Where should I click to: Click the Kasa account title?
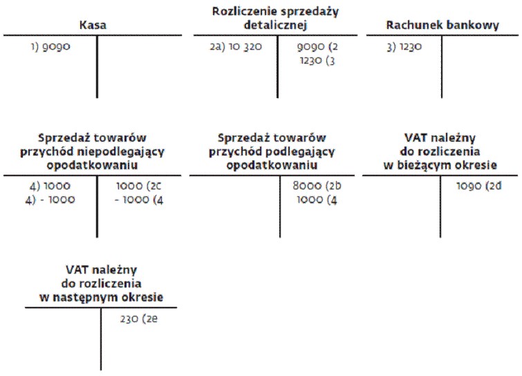93,26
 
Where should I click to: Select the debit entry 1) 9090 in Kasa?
50,46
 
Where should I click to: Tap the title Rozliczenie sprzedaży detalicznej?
275,18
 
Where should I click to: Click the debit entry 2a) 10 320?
236,46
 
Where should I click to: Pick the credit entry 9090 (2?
317,46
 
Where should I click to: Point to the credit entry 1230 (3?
317,61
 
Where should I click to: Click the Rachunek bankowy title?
442,26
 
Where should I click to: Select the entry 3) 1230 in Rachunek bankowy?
404,46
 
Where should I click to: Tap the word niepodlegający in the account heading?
120,152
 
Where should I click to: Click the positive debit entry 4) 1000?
50,186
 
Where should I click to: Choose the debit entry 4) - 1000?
50,200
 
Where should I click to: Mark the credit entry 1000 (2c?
138,186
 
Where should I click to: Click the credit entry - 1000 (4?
139,200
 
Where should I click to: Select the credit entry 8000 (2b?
317,186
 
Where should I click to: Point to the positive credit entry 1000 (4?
317,200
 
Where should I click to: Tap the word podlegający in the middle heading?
301,152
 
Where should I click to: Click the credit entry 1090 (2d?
478,186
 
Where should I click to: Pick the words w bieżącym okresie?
440,165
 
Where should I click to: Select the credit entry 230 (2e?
139,319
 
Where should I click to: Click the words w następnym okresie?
101,297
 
